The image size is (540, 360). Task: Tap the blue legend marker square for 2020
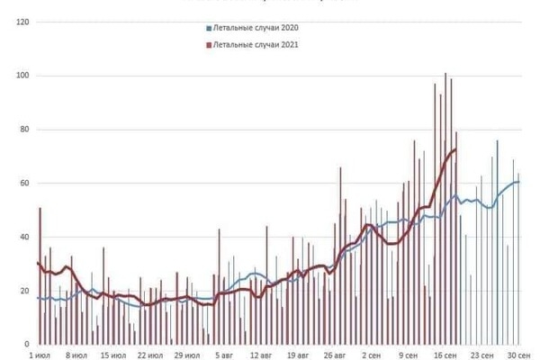tap(208, 28)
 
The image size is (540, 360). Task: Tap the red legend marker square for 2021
tap(208, 43)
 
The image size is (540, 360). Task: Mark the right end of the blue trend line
tap(519, 182)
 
